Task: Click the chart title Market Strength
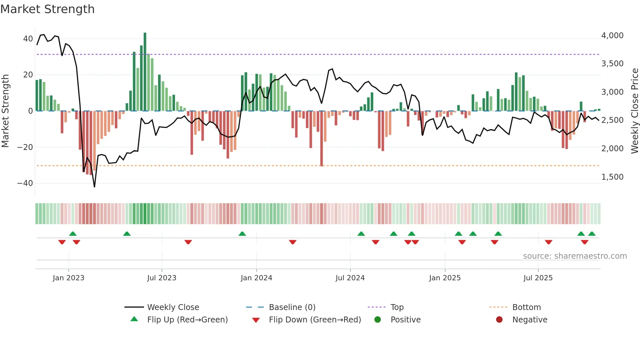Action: click(x=47, y=9)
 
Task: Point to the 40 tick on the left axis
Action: click(x=28, y=39)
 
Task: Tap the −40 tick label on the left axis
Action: click(x=25, y=183)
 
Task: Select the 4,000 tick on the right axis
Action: click(x=612, y=36)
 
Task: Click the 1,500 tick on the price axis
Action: click(x=612, y=177)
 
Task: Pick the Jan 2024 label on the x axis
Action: click(x=256, y=278)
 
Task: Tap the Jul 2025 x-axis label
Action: click(x=538, y=278)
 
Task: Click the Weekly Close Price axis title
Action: click(x=634, y=111)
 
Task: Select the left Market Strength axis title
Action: click(x=6, y=111)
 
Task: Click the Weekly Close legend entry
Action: click(x=173, y=307)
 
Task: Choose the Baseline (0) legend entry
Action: click(x=292, y=307)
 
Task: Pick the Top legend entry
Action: click(x=397, y=307)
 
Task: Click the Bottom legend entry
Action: click(x=526, y=307)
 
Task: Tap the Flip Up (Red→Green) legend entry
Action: click(x=187, y=320)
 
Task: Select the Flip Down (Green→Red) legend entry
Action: click(x=315, y=320)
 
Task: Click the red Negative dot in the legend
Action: click(x=499, y=320)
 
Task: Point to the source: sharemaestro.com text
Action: click(x=575, y=256)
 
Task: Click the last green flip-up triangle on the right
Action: click(x=592, y=234)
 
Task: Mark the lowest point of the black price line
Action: click(x=94, y=187)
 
